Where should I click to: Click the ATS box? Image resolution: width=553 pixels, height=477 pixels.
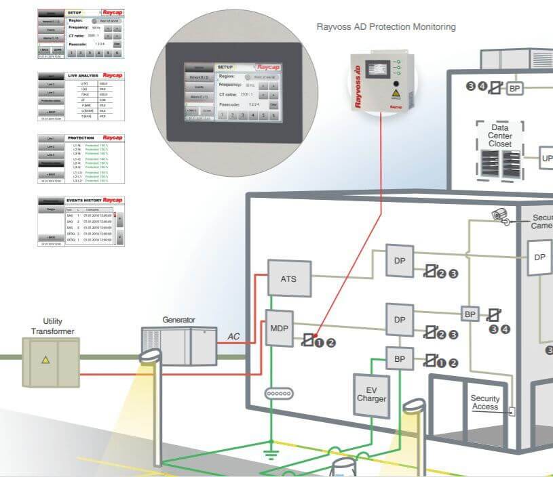click(x=288, y=278)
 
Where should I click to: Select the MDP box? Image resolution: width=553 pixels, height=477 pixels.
click(x=278, y=328)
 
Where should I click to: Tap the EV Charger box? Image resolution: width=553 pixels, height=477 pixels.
click(x=371, y=394)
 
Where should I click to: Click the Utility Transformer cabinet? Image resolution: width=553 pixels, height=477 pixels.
click(x=45, y=360)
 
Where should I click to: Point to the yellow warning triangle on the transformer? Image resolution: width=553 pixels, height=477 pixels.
click(x=45, y=360)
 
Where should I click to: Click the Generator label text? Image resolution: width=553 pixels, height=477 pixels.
click(x=178, y=320)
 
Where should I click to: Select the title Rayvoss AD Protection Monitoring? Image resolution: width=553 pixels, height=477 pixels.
click(x=386, y=27)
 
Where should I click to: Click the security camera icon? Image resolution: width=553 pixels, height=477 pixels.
click(x=501, y=215)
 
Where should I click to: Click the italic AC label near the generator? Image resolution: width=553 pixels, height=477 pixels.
click(x=233, y=337)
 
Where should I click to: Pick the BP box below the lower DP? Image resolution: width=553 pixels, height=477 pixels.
click(x=400, y=358)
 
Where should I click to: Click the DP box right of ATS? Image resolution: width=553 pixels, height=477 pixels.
click(x=400, y=260)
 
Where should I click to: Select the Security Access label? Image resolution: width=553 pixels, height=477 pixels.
click(x=485, y=402)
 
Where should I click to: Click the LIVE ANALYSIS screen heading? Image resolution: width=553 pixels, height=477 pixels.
click(x=83, y=75)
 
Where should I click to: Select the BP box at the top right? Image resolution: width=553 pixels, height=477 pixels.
click(x=516, y=88)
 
